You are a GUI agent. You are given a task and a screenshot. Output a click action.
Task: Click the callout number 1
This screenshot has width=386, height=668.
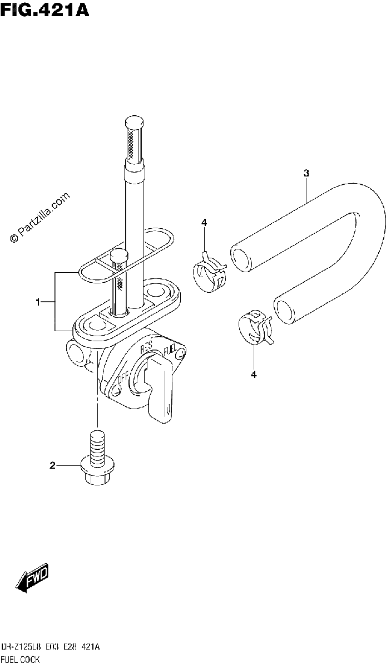coord(38,302)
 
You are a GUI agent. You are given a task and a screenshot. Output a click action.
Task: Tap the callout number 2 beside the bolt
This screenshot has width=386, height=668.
coord(52,465)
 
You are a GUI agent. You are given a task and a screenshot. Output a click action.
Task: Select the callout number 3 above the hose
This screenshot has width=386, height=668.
coord(306,173)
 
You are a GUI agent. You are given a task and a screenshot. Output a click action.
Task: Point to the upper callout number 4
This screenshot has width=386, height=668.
coord(204,223)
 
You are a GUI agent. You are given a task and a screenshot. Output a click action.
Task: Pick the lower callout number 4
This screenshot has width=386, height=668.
coord(254,375)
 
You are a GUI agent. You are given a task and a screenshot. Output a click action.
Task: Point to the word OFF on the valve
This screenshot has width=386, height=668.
coord(123,379)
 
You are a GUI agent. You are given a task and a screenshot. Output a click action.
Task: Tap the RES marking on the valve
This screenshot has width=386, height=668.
coord(146,346)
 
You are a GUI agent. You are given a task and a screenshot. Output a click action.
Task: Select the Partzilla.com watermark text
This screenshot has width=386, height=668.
coord(40,218)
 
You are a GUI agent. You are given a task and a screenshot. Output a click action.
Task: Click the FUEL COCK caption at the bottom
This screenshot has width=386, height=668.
coord(20,659)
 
